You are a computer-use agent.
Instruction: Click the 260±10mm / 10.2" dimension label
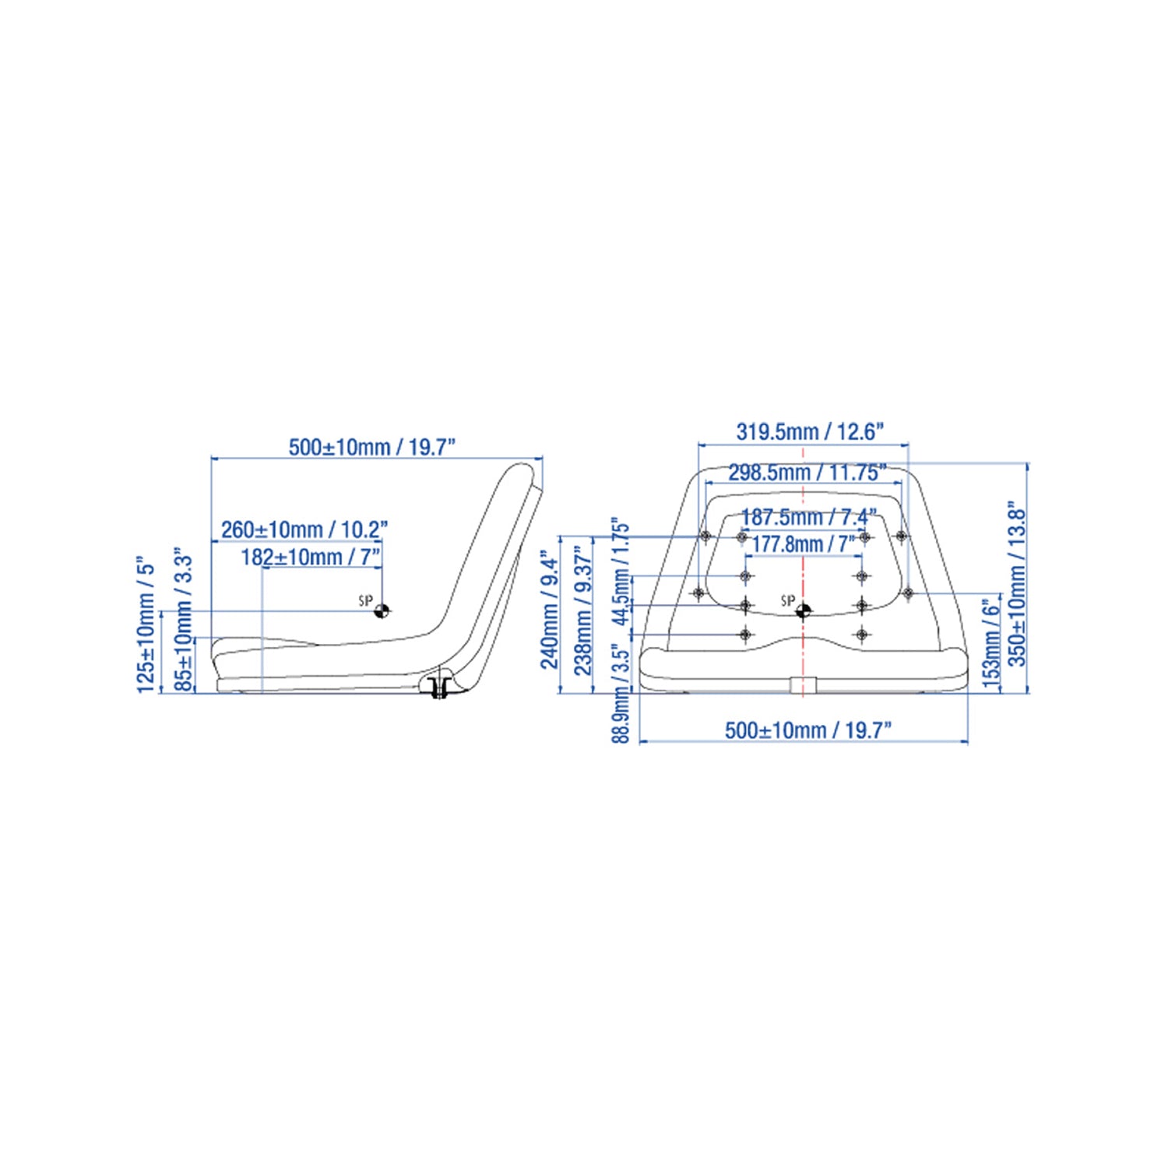point(304,529)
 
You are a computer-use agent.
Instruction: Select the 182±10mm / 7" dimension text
point(311,557)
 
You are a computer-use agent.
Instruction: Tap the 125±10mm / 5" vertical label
point(146,624)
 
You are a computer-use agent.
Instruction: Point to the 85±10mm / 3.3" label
point(183,619)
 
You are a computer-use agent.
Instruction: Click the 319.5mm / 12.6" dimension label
point(811,431)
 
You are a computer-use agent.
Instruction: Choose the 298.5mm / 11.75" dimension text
point(807,472)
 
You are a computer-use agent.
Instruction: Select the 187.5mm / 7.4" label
point(808,516)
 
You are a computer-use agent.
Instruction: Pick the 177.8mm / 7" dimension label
point(803,543)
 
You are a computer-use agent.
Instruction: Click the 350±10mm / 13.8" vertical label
point(1017,583)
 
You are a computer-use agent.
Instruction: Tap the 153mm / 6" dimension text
point(990,643)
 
